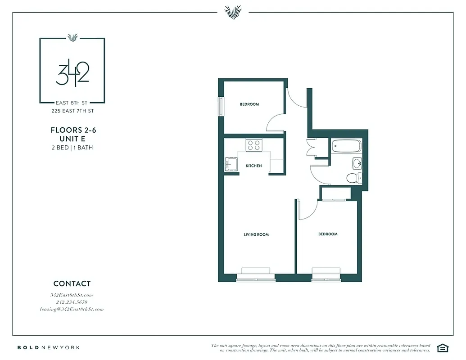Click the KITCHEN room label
253,166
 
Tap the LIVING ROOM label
256,234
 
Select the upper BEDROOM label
249,104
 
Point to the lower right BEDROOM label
328,234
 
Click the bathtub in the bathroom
346,147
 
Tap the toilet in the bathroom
354,178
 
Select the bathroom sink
356,162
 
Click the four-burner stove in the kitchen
254,145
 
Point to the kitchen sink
230,164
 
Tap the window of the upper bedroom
221,107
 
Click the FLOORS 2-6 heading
73,130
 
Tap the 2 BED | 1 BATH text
72,148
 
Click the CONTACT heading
72,283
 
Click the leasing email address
72,309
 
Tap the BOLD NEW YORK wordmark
49,347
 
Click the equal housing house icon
443,347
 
